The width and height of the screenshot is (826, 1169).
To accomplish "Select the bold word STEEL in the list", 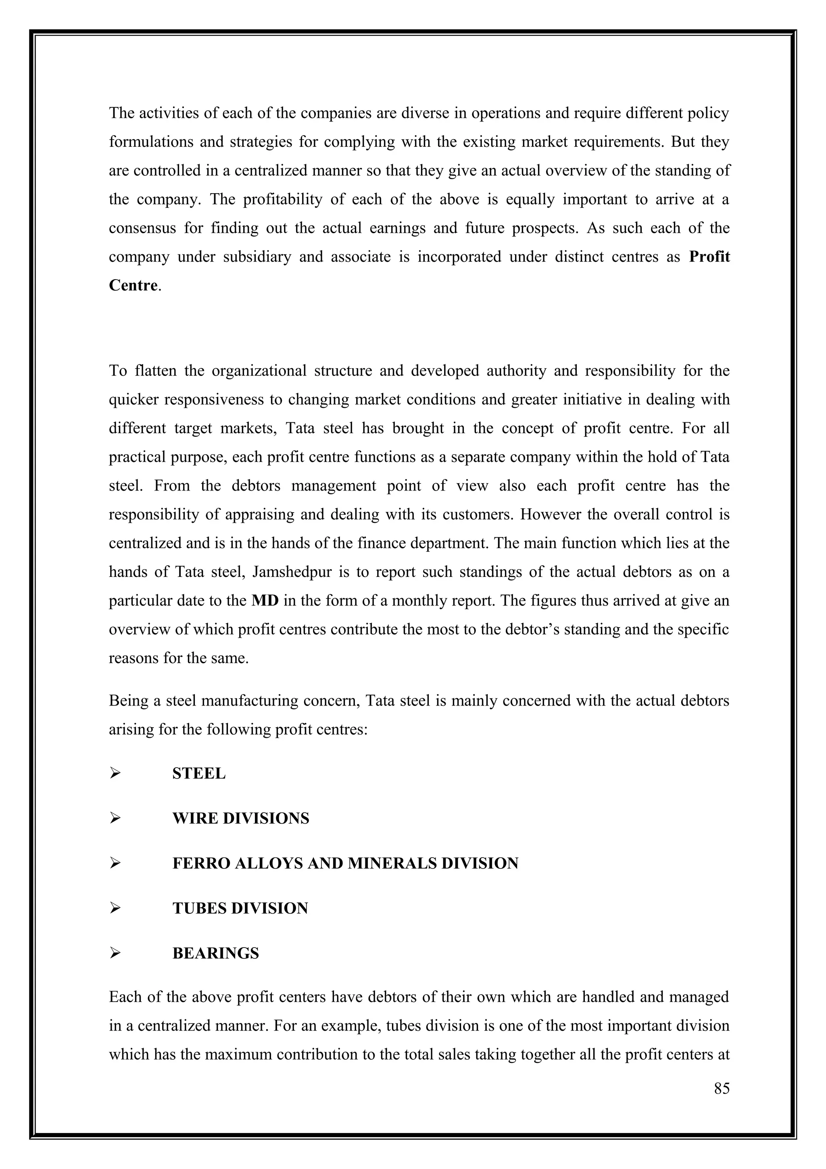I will pyautogui.click(x=198, y=773).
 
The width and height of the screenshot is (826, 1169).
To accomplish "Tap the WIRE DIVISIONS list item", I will pyautogui.click(x=240, y=818).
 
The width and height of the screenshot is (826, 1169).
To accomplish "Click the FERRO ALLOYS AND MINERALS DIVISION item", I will pyautogui.click(x=345, y=863).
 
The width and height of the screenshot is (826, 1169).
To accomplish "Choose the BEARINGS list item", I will pyautogui.click(x=215, y=953).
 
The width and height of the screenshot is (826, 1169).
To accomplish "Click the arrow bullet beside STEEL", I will pyautogui.click(x=115, y=773).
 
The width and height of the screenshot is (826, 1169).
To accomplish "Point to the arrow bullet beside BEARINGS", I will pyautogui.click(x=115, y=953).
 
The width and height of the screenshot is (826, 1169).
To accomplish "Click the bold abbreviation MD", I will pyautogui.click(x=265, y=601).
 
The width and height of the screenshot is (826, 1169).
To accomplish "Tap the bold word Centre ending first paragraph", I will pyautogui.click(x=133, y=285).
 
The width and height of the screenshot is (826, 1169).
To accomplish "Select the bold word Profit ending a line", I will pyautogui.click(x=709, y=257).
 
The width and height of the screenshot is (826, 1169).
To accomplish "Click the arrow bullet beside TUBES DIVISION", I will pyautogui.click(x=115, y=908).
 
